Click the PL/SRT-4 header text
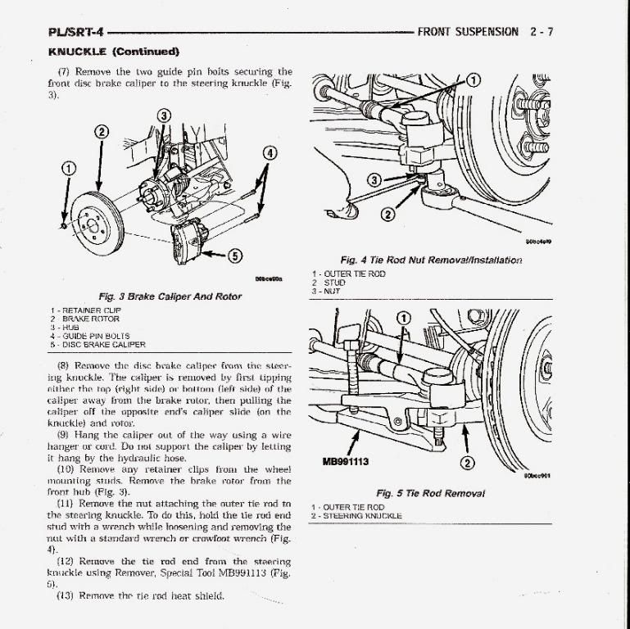[x=76, y=33]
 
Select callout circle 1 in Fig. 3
[x=70, y=168]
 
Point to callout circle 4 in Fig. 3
[x=270, y=153]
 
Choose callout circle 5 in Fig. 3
[x=234, y=256]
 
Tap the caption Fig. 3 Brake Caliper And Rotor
[x=170, y=296]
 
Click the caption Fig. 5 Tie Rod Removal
[x=430, y=493]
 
